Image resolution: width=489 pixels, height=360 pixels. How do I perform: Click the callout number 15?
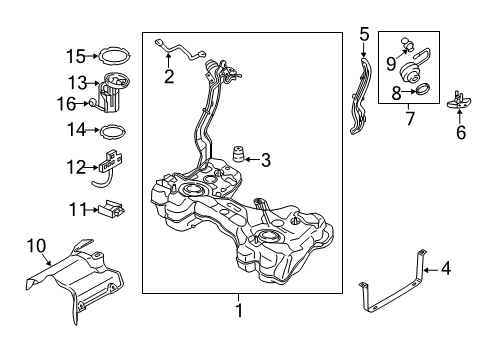[x=76, y=56]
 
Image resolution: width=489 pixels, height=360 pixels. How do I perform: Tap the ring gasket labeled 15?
[x=115, y=50]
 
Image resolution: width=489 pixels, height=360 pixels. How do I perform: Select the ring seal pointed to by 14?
[x=113, y=126]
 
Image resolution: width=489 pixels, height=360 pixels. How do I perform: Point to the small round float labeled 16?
[x=91, y=103]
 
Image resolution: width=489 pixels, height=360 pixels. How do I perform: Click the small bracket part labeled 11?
[x=112, y=209]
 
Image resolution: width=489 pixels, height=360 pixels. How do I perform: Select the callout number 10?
[x=36, y=246]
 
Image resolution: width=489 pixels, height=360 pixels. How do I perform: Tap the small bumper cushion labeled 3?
[x=238, y=154]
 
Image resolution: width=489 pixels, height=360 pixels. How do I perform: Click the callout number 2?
[x=169, y=77]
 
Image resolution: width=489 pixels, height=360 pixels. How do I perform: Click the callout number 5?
[x=364, y=35]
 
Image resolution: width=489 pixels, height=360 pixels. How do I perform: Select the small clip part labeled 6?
[x=459, y=100]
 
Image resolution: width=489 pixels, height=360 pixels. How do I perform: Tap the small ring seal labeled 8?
[x=423, y=89]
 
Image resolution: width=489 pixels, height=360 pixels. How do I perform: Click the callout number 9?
[x=391, y=63]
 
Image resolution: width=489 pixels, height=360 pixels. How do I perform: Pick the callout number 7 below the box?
[x=410, y=118]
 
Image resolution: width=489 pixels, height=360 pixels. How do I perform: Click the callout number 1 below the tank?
[x=239, y=311]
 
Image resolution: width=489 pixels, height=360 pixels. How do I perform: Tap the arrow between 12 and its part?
[x=92, y=167]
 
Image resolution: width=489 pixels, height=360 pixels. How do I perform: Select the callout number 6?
[x=461, y=133]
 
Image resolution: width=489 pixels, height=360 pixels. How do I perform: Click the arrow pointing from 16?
[x=82, y=104]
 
